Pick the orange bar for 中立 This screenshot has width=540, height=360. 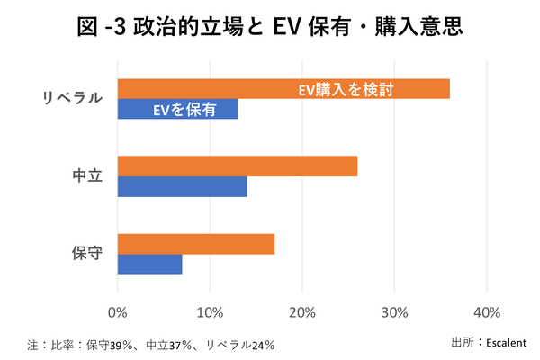coord(237,166)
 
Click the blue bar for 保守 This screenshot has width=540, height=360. coord(149,265)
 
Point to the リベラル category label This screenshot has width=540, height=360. coord(73,99)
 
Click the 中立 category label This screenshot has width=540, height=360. coord(86,176)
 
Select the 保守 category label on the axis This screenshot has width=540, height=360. coord(86,254)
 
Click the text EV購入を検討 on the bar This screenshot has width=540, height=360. coord(347,89)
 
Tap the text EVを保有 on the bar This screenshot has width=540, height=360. coord(184,110)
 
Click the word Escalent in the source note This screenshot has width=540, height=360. coord(507,342)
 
